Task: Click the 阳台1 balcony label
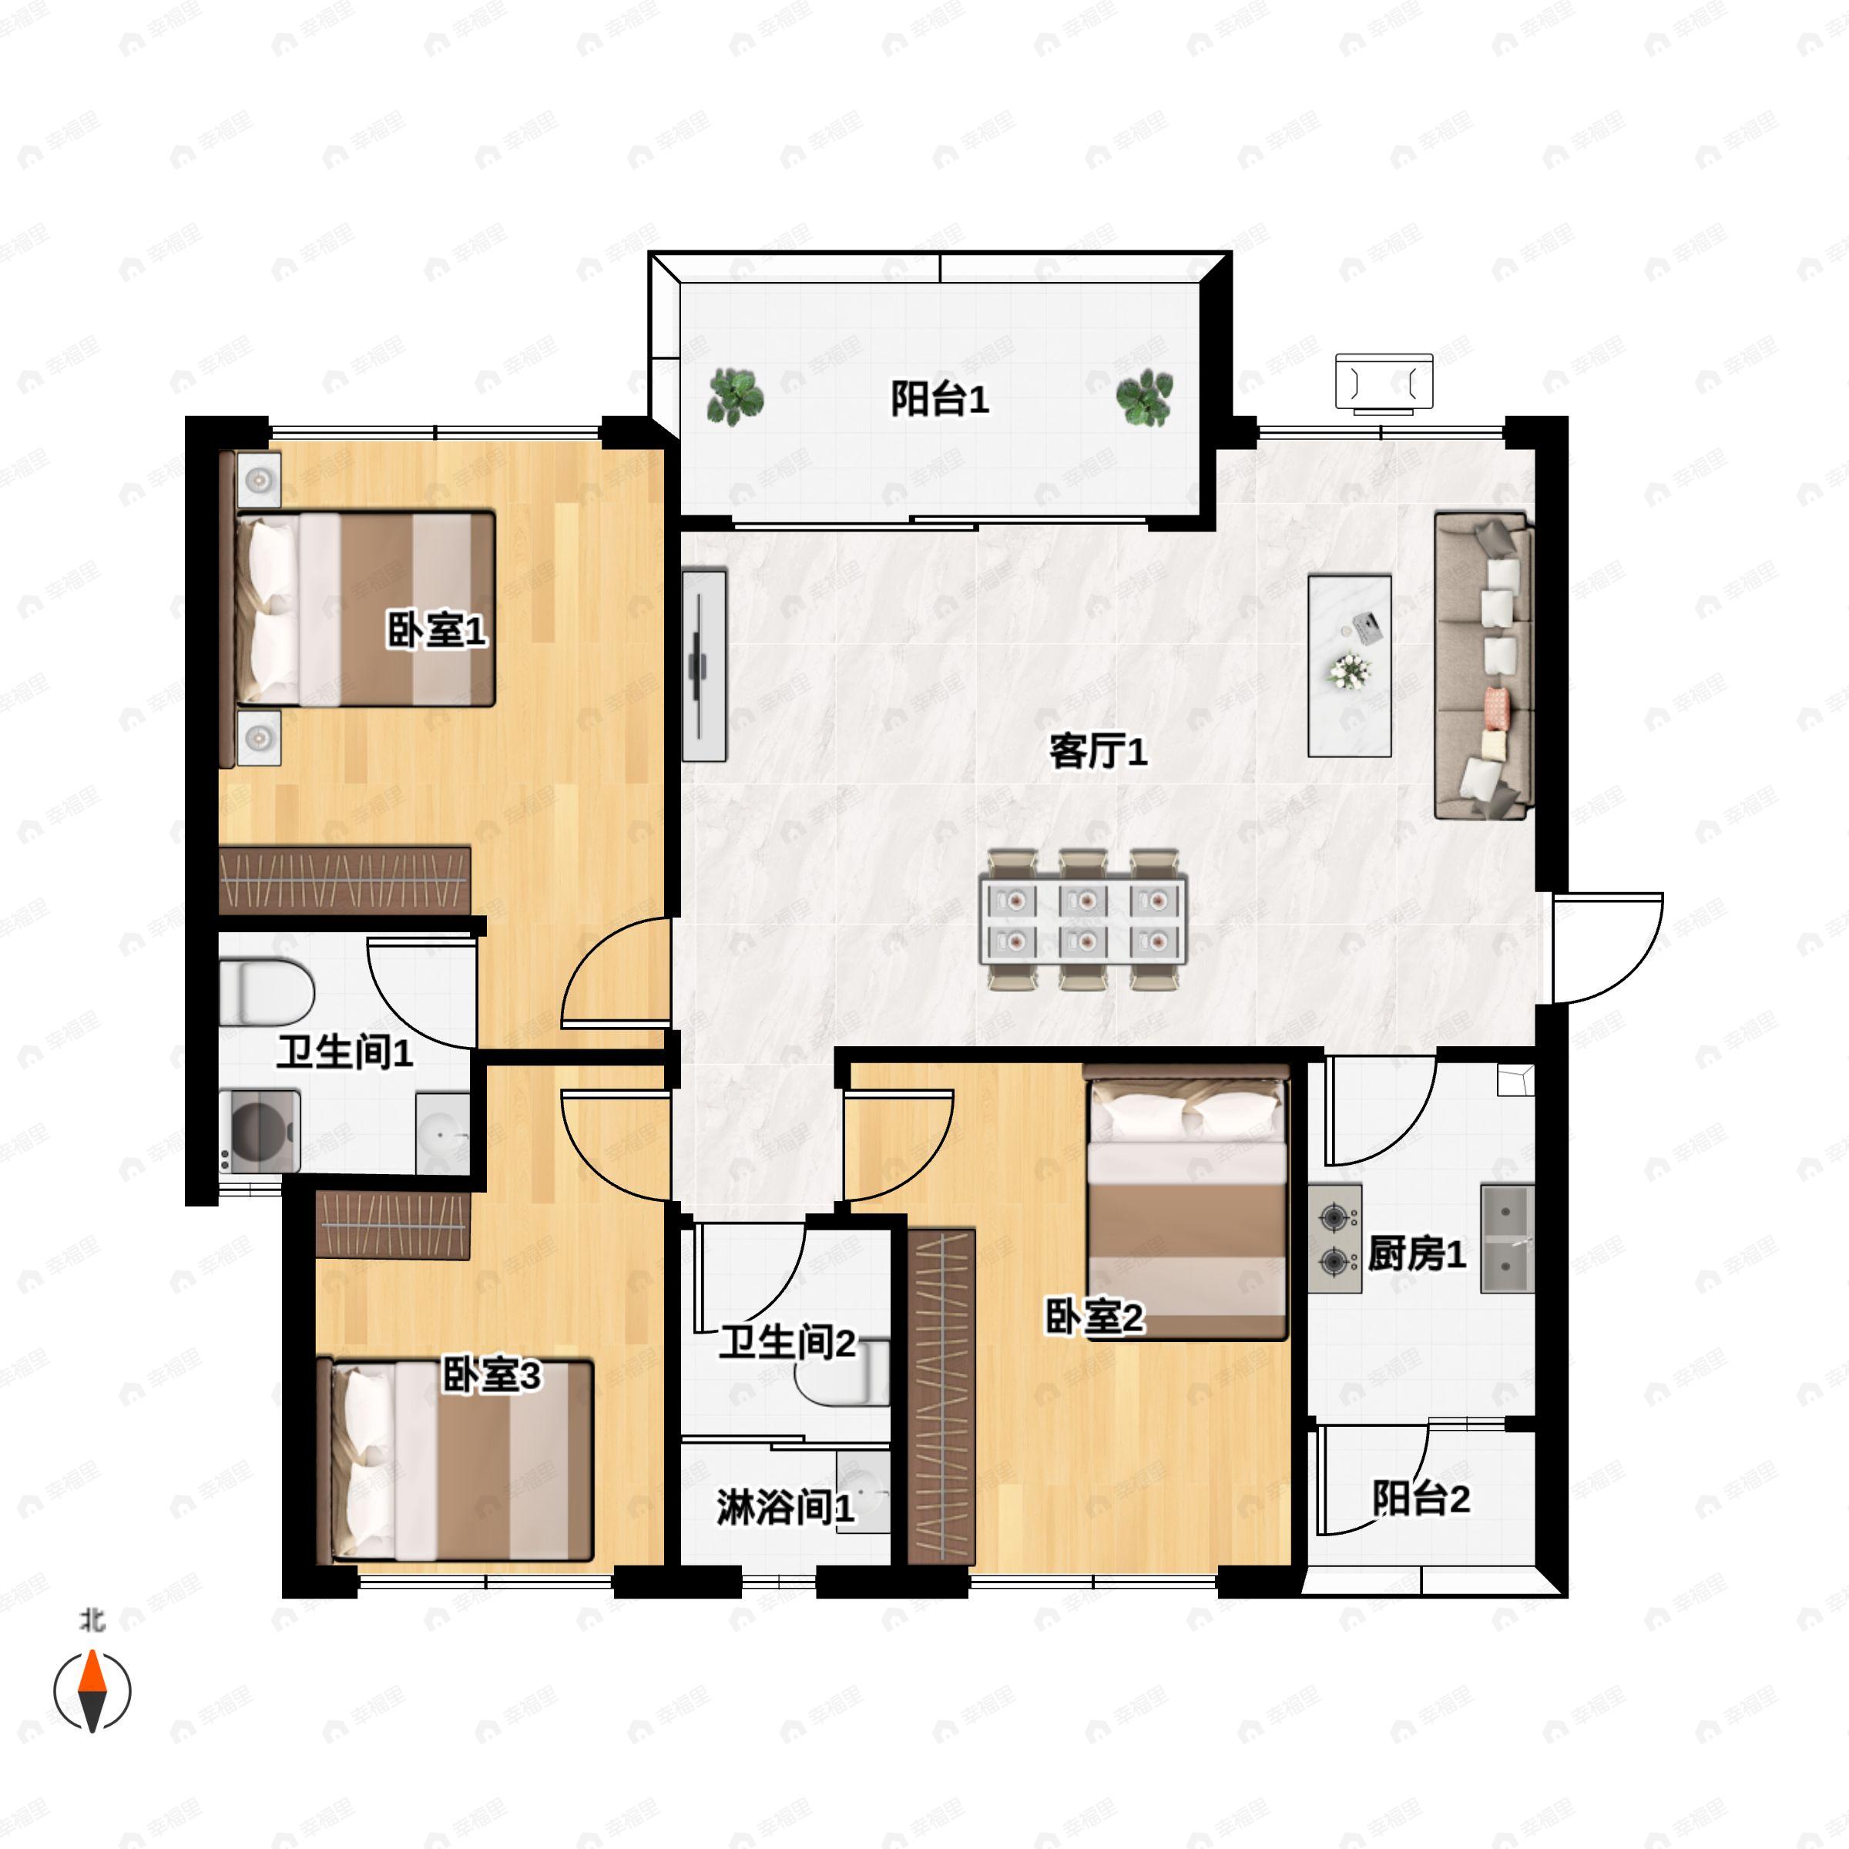pos(939,398)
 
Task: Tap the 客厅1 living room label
pos(1098,751)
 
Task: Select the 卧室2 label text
pos(1094,1318)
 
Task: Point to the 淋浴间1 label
pos(785,1508)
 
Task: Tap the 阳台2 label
pos(1421,1498)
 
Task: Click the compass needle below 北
pos(92,1691)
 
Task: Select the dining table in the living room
pos(1083,919)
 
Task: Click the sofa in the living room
pos(1483,666)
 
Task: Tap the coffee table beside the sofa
pos(1350,666)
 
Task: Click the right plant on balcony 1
pos(1145,398)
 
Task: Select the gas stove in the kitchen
pos(1335,1240)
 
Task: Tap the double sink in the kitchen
pos(1508,1240)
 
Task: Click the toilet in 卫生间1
pos(266,992)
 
